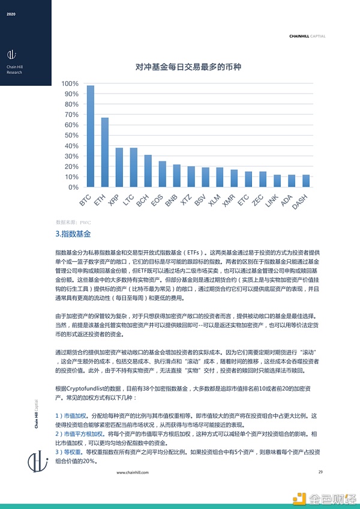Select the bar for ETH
click(104, 152)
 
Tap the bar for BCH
click(148, 171)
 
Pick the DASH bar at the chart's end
click(306, 181)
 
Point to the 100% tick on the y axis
click(70, 83)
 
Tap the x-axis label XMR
click(229, 200)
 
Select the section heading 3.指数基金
click(72, 233)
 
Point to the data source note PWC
click(71, 221)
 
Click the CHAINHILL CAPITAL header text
click(307, 36)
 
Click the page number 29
click(320, 472)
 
